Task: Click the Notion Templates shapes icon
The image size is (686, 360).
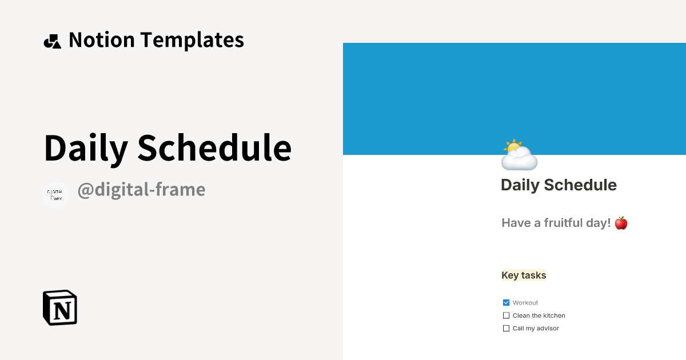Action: pyautogui.click(x=52, y=41)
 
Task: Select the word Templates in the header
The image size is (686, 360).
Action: pyautogui.click(x=192, y=40)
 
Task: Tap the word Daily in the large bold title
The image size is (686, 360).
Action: pyautogui.click(x=86, y=147)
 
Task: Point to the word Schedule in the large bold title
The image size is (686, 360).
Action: pyautogui.click(x=214, y=147)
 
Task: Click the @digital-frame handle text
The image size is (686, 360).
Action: pyautogui.click(x=141, y=190)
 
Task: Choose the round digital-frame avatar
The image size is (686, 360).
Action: pyautogui.click(x=55, y=195)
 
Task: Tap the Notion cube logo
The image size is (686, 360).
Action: pyautogui.click(x=60, y=307)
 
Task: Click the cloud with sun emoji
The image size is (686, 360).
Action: pyautogui.click(x=519, y=155)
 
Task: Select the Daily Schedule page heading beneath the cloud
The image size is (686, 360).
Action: pyautogui.click(x=559, y=185)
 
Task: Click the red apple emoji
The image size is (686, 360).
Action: pyautogui.click(x=621, y=223)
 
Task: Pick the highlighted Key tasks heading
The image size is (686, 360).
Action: pyautogui.click(x=524, y=275)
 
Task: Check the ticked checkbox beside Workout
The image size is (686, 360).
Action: pyautogui.click(x=506, y=303)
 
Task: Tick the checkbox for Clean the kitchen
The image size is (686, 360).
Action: pyautogui.click(x=506, y=315)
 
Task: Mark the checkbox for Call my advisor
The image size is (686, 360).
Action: pyautogui.click(x=506, y=329)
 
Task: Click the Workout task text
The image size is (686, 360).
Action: pyautogui.click(x=525, y=303)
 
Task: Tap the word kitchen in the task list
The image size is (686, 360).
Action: pyautogui.click(x=555, y=315)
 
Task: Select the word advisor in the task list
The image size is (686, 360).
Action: pyautogui.click(x=548, y=329)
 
